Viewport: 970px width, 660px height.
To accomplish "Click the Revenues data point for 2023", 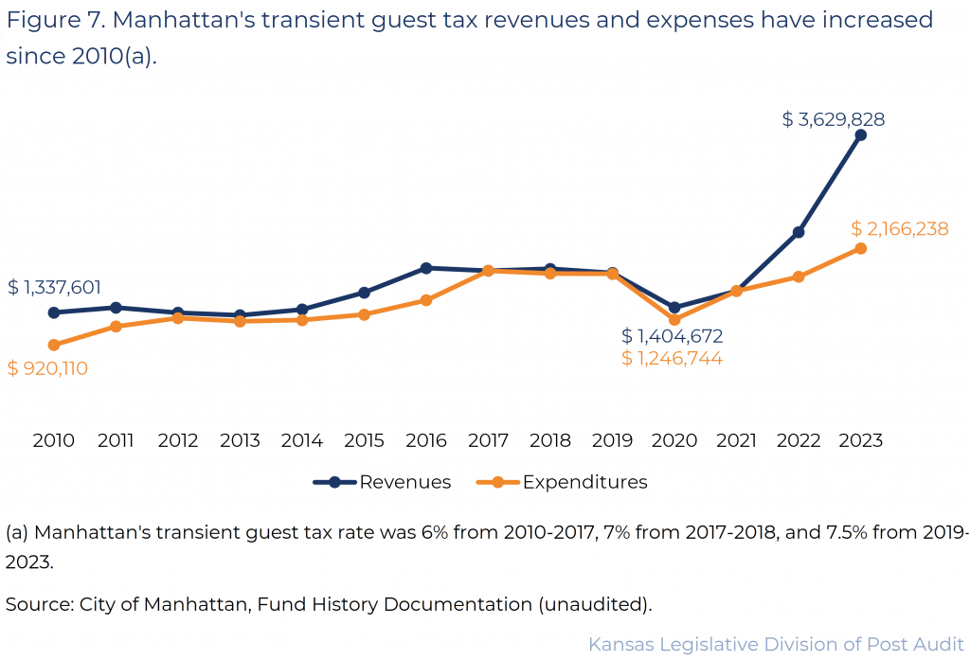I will pos(860,135).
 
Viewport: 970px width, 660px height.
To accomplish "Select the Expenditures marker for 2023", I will pos(860,248).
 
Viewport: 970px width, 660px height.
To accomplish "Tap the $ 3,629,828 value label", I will pos(834,119).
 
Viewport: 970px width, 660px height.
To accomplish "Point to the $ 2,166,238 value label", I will pos(899,229).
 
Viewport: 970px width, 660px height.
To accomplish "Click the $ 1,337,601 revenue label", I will pos(54,288).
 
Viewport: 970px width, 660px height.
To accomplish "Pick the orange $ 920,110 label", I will pos(47,368).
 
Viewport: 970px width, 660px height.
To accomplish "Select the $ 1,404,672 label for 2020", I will pos(673,336).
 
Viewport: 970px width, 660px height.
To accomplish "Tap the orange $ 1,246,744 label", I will pos(673,358).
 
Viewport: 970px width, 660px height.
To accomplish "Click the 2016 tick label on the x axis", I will pos(426,440).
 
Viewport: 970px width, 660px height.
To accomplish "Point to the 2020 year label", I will pos(674,440).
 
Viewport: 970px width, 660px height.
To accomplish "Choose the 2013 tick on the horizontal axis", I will pos(240,440).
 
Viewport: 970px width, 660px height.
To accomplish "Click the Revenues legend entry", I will pos(383,482).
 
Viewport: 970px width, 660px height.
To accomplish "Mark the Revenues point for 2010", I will pos(54,312).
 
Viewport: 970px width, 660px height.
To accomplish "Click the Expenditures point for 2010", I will pos(54,345).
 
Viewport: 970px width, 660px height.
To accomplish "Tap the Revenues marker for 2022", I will pos(799,232).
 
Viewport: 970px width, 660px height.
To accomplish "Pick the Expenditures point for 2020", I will pos(674,320).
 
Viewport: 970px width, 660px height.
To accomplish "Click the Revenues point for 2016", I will pos(426,268).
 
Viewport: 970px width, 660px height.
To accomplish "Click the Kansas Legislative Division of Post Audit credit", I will pos(776,644).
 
